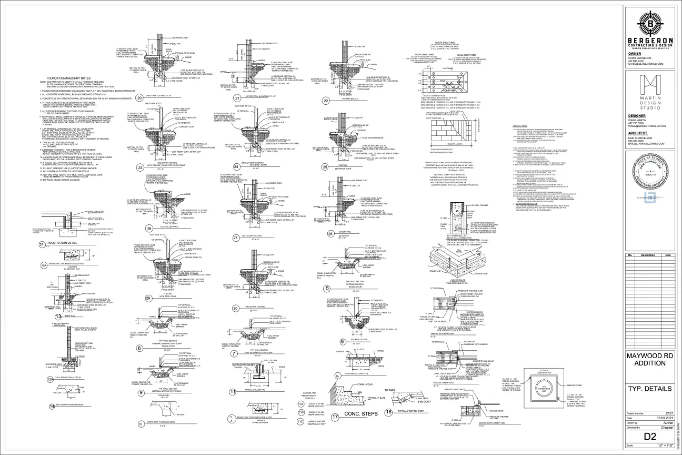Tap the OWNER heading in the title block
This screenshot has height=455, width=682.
pos(635,54)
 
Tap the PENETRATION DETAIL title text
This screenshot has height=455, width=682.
pos(63,243)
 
